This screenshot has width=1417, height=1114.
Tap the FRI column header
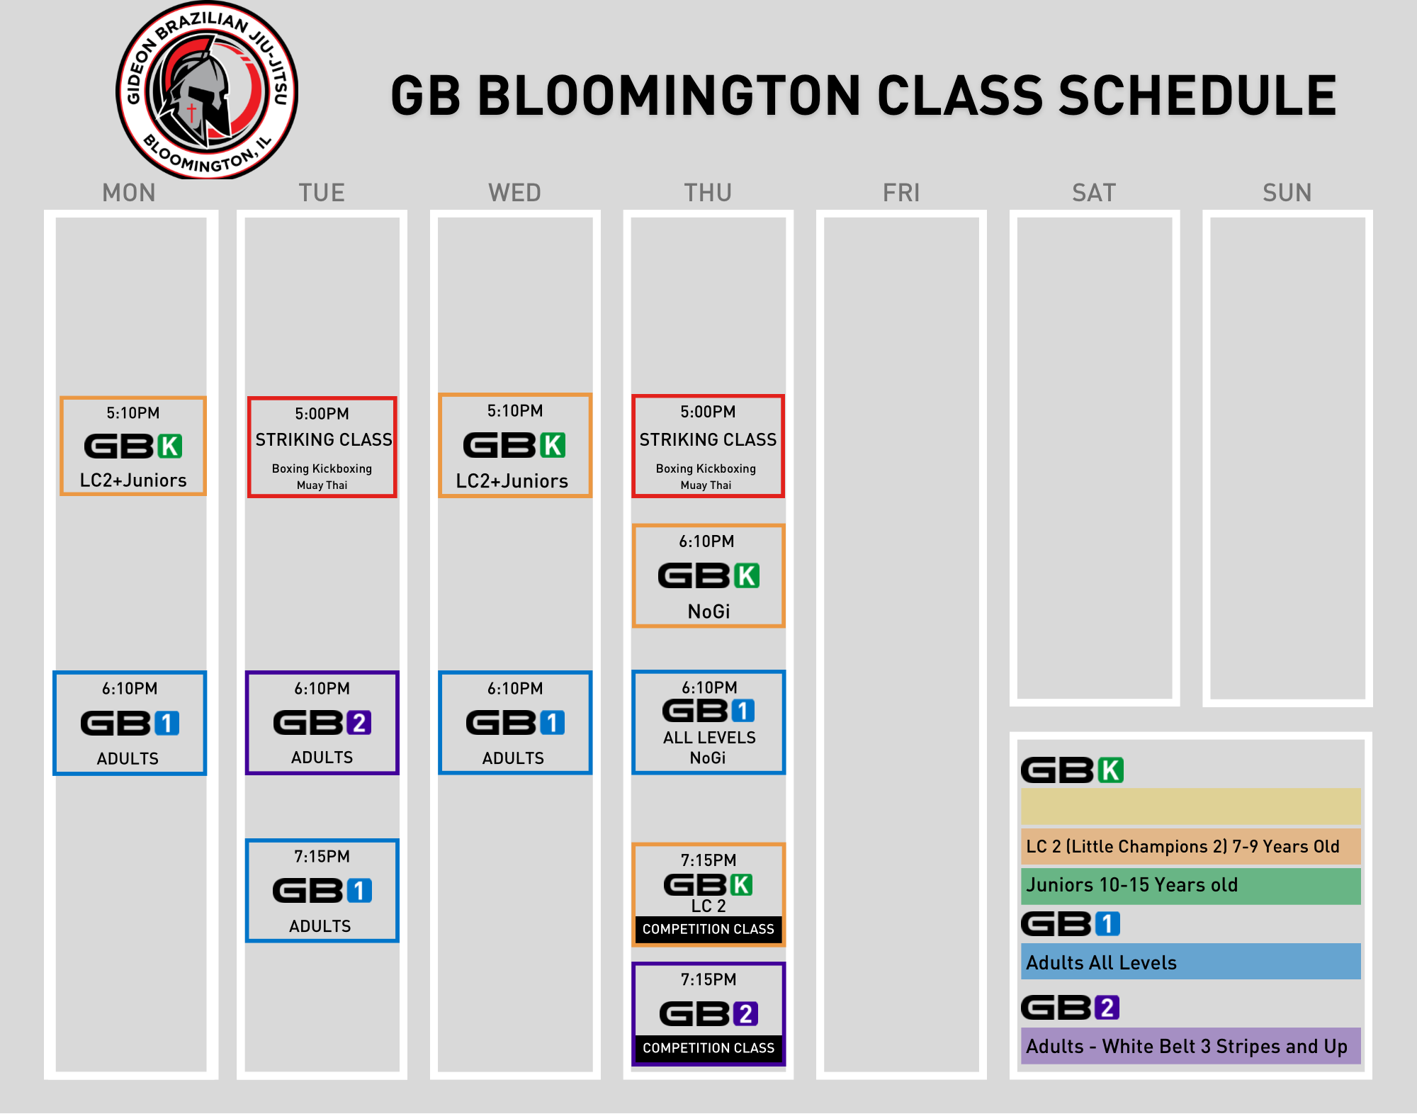901,193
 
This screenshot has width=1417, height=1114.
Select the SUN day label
1287,193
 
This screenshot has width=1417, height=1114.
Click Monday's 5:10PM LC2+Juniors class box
133,446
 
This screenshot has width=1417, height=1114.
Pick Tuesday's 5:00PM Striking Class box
322,447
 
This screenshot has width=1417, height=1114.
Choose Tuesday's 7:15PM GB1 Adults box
322,891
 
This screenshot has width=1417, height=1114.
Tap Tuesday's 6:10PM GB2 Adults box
322,723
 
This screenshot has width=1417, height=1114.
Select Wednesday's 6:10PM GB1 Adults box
515,723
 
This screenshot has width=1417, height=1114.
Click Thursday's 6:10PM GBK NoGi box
708,576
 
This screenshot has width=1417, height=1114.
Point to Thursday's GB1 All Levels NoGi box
708,722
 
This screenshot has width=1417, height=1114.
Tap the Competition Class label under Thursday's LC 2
708,929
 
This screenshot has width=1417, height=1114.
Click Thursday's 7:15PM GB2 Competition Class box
708,1014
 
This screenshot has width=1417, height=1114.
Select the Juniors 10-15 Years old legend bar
1191,885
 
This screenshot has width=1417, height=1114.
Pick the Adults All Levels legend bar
1191,962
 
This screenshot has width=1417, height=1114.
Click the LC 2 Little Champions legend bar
1191,846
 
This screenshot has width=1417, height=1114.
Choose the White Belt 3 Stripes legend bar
1191,1046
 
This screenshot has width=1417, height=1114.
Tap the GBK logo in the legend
1073,770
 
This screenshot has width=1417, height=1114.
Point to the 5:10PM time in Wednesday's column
515,411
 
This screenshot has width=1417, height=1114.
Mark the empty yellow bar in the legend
1191,806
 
